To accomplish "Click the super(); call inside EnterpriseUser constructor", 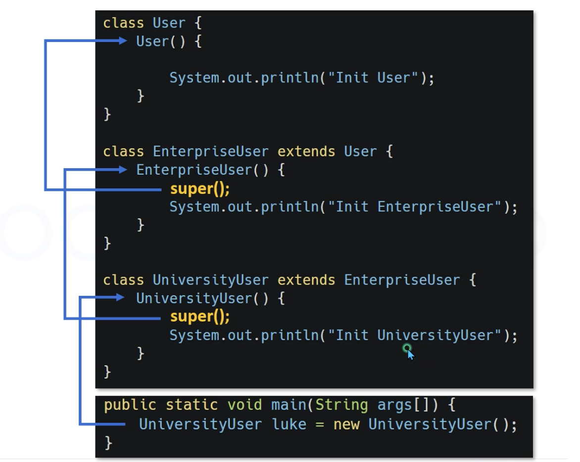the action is [200, 188].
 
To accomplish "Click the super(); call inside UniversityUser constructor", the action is [200, 316].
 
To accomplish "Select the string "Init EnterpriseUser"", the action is [415, 207].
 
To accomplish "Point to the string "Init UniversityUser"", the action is [415, 335].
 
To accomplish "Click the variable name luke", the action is [290, 424].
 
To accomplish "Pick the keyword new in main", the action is [346, 424].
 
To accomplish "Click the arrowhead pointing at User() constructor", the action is [123, 41].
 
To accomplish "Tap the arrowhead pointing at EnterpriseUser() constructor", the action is [123, 170].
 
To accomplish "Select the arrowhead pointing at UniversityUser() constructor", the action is [120, 297].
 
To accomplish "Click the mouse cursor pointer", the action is [409, 352].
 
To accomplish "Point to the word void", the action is [244, 405].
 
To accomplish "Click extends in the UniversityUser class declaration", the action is [306, 280].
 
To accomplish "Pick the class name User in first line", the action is [169, 23].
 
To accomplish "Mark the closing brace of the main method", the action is [108, 442].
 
